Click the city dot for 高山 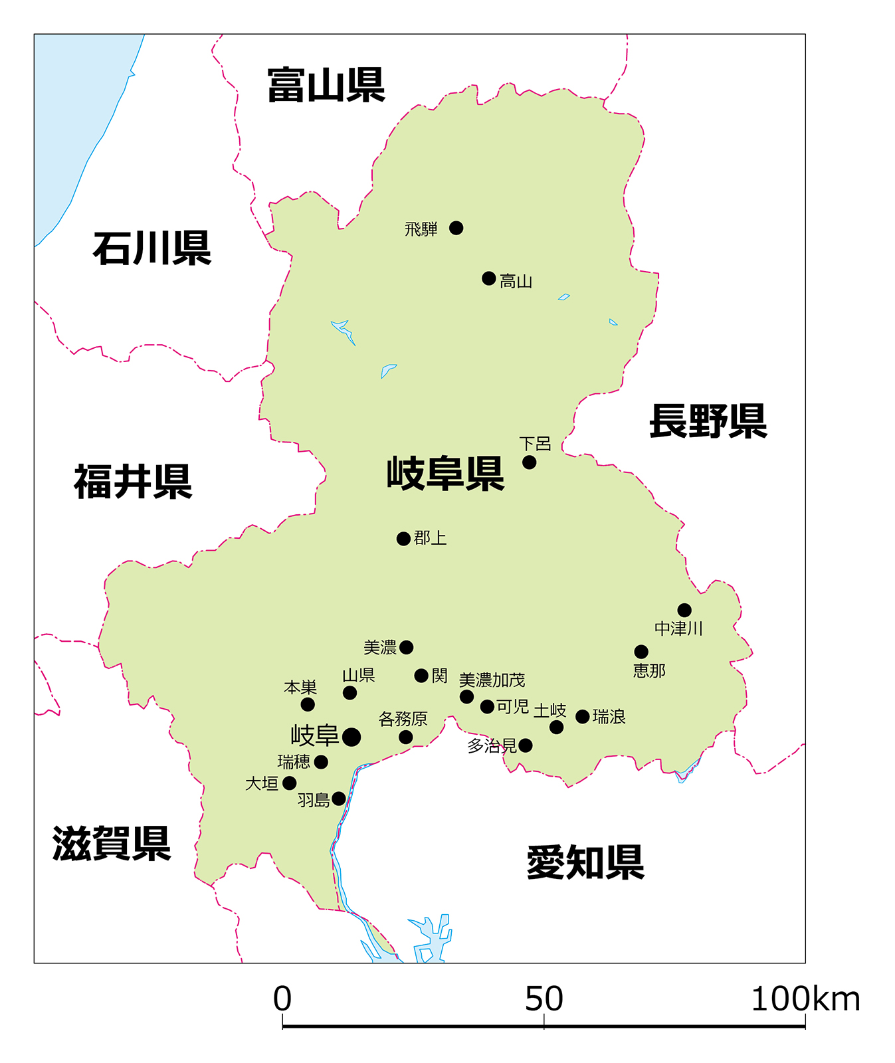point(489,278)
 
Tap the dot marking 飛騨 point(456,228)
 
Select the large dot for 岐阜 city point(351,736)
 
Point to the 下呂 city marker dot point(529,462)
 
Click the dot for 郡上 point(403,538)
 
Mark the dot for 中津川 point(684,610)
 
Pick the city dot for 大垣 point(290,783)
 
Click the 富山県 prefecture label point(326,85)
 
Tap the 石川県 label point(151,248)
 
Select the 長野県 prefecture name point(708,421)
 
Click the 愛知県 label point(585,862)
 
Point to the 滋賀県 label point(112,844)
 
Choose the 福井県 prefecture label point(133,482)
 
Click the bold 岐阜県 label point(445,474)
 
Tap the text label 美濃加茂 point(492,680)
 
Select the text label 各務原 point(403,719)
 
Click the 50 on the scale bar point(544,999)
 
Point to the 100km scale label point(805,999)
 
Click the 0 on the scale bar point(282,999)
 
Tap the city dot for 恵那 point(641,651)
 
